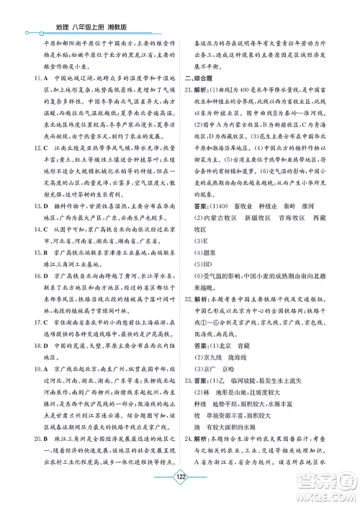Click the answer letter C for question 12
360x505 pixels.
click(x=45, y=168)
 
